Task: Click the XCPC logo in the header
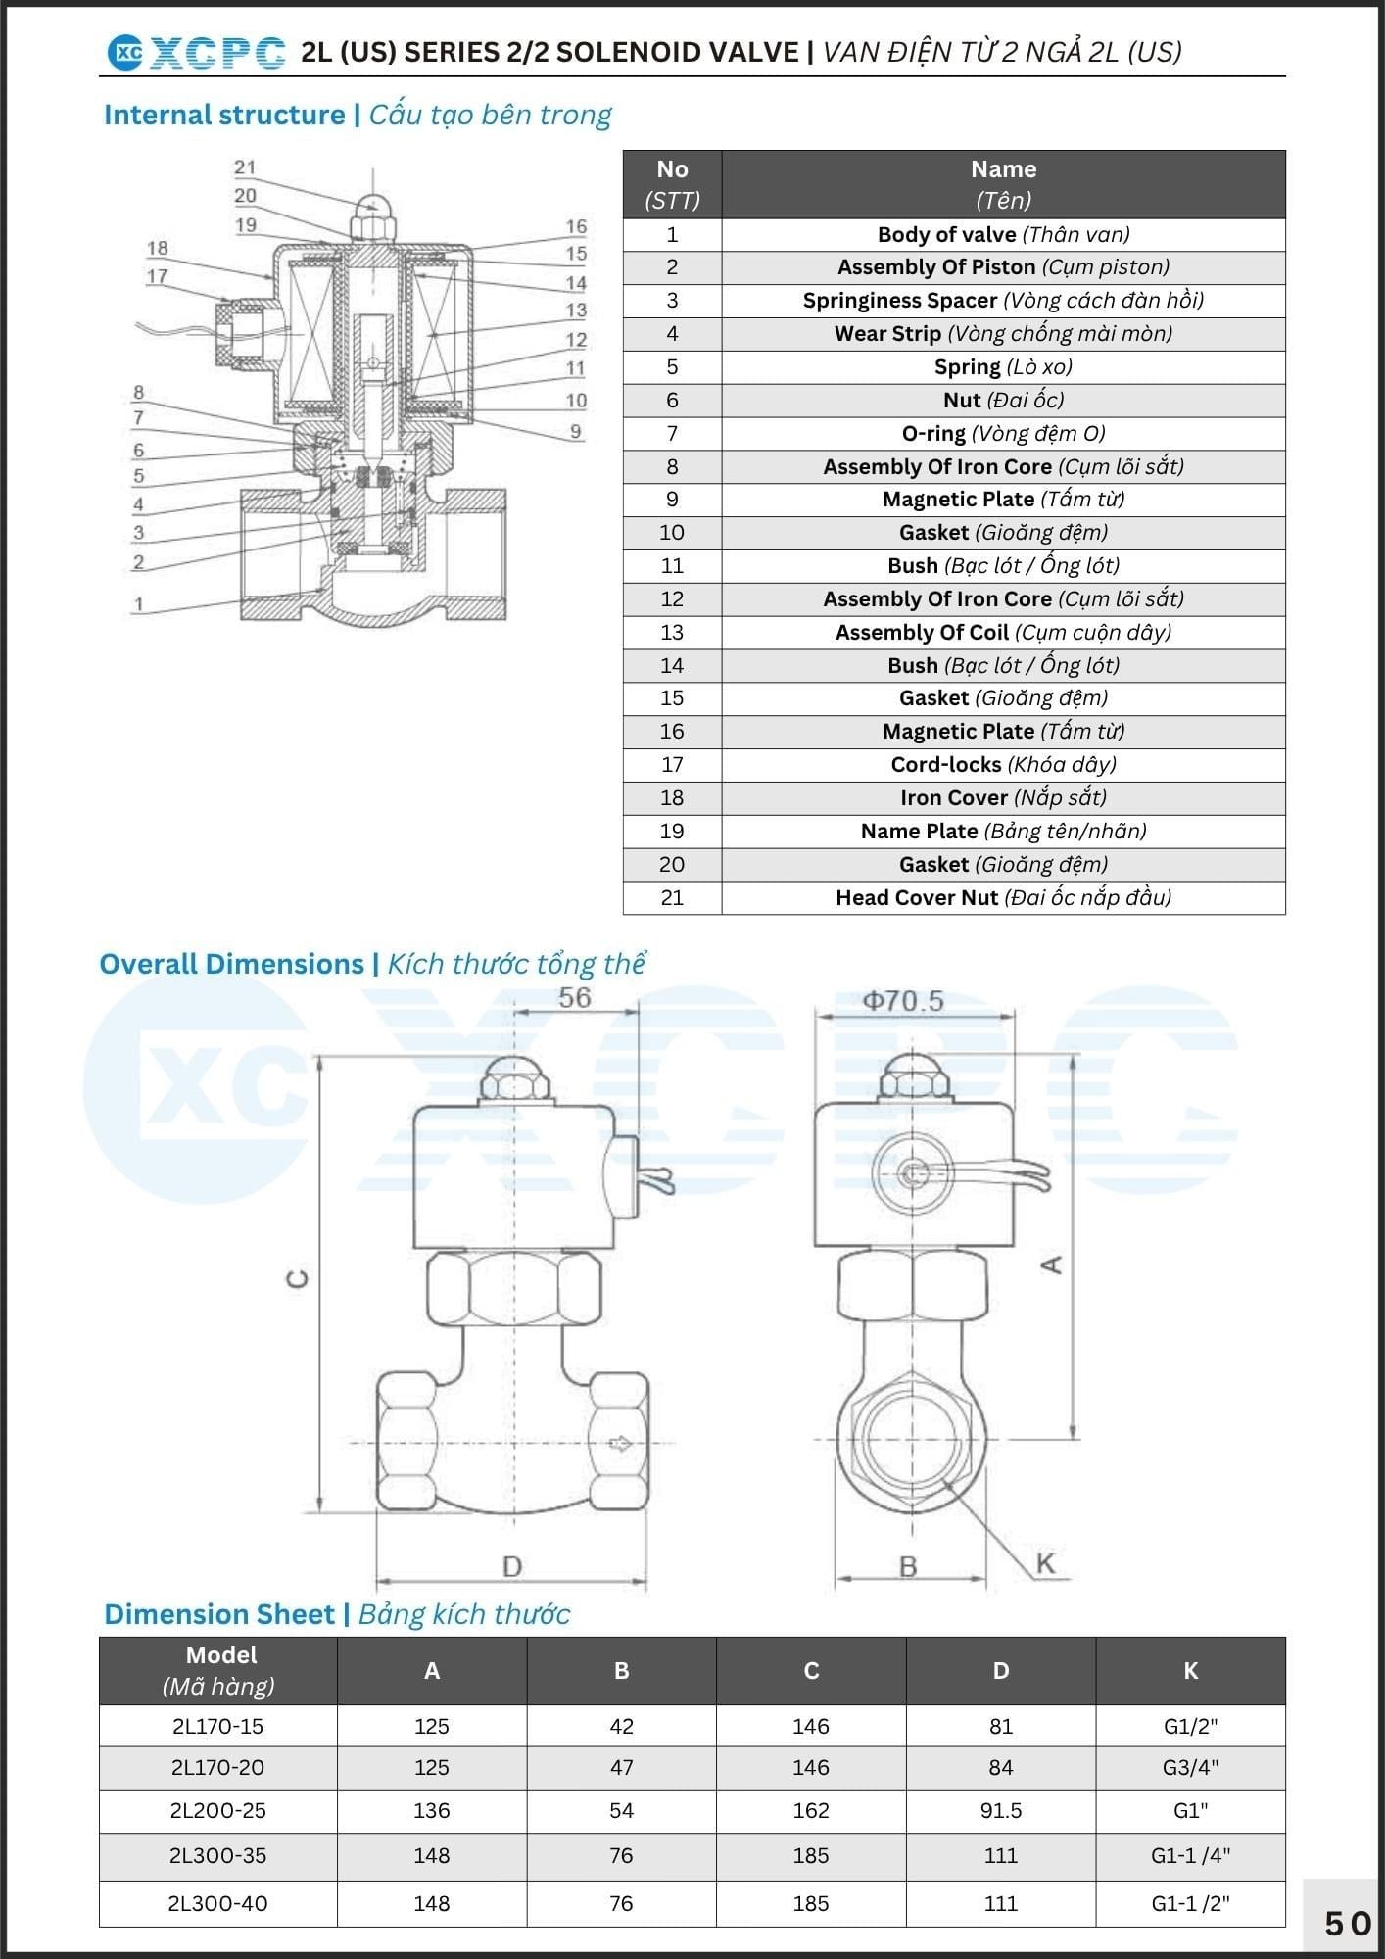[196, 53]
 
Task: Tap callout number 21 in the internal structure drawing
[245, 167]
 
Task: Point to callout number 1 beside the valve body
[139, 604]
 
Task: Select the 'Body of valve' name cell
[1003, 234]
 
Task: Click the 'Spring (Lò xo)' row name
[1003, 366]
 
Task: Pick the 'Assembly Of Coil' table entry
[1003, 632]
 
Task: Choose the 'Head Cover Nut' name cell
[1003, 897]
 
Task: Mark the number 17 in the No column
[672, 764]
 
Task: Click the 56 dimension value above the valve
[575, 997]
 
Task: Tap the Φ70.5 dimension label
[902, 1000]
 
